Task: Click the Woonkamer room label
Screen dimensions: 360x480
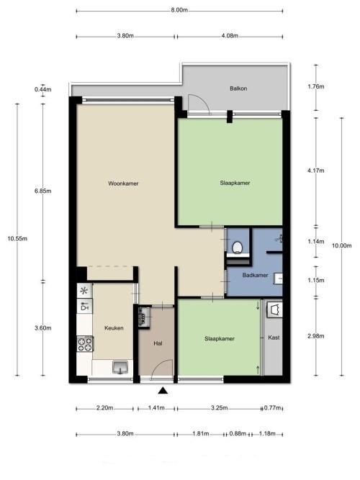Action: click(x=123, y=184)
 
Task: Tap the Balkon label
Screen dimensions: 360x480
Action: click(x=238, y=89)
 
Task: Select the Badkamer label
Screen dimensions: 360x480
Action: click(x=255, y=275)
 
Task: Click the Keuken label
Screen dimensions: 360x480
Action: click(x=114, y=328)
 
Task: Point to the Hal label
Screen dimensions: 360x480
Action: click(x=158, y=343)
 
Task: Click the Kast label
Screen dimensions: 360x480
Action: click(x=274, y=338)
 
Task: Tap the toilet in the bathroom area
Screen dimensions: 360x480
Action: click(x=238, y=248)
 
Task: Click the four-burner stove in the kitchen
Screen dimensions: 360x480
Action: click(x=85, y=344)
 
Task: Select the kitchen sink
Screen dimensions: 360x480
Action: click(x=120, y=367)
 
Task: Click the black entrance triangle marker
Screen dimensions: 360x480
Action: click(x=163, y=390)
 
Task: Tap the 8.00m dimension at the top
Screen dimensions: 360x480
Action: click(x=179, y=10)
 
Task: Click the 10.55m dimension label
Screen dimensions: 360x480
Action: click(x=17, y=238)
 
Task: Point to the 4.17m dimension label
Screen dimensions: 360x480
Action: click(x=316, y=171)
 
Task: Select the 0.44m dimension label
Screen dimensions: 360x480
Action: click(x=43, y=89)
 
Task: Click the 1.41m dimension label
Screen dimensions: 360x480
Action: click(x=156, y=408)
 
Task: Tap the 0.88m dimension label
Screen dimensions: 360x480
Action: click(x=238, y=434)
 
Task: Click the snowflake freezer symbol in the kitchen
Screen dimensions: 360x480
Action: click(x=84, y=291)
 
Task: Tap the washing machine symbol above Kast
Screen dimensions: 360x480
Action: click(x=274, y=309)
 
